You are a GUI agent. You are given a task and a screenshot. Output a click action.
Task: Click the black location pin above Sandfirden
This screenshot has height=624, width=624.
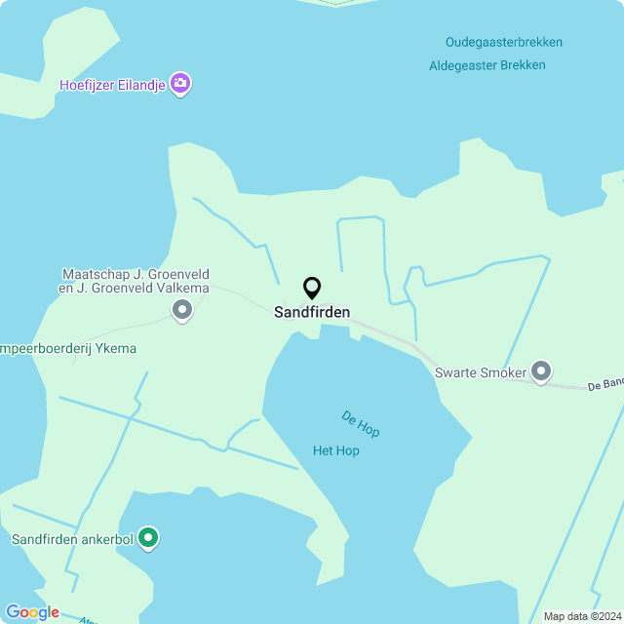(312, 288)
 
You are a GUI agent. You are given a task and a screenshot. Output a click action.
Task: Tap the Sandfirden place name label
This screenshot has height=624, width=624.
(312, 313)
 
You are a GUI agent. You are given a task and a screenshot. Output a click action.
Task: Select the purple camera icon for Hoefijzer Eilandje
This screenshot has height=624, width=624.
(180, 84)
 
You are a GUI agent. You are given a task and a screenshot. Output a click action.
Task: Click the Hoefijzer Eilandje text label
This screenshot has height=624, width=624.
(111, 85)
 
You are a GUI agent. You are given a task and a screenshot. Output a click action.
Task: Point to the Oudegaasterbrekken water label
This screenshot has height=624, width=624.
(504, 42)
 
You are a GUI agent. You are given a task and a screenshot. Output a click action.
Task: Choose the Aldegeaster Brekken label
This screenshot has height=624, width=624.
(487, 65)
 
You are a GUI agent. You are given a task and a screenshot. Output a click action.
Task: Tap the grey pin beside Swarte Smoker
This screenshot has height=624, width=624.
(541, 371)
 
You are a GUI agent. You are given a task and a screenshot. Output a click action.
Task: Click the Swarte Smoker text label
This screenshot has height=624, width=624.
(481, 371)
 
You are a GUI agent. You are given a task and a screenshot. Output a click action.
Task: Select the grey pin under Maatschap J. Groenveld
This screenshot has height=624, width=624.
(182, 311)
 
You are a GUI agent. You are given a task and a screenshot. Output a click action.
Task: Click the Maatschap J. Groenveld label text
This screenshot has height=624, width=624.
(136, 275)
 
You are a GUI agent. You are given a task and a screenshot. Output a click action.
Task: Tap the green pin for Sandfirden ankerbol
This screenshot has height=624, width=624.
(148, 537)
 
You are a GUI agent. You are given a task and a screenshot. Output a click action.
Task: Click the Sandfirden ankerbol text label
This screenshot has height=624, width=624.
(72, 538)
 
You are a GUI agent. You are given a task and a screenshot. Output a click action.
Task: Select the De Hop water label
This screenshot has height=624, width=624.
(361, 422)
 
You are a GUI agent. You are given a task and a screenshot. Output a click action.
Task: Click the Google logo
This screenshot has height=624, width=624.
(32, 612)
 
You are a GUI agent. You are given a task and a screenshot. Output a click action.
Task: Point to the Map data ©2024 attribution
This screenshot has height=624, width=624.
(581, 616)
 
